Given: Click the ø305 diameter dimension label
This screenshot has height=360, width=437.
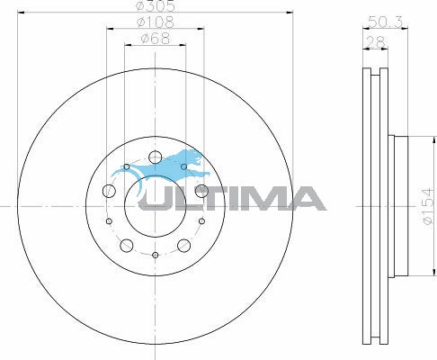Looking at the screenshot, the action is click(155, 5).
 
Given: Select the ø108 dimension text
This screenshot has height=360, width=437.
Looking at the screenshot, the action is click(156, 22).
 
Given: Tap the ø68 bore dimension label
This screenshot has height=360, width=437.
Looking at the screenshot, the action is click(156, 39).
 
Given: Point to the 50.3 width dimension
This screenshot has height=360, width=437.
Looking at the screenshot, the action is click(386, 22).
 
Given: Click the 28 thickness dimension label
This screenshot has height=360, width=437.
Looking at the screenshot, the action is click(376, 42).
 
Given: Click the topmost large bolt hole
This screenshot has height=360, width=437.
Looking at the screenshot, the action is click(155, 157).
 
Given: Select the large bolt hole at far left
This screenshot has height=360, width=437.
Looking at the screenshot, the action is click(109, 191).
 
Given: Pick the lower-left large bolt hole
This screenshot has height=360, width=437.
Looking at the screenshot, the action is click(127, 246).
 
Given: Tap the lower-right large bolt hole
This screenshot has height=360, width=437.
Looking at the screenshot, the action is click(183, 246).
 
